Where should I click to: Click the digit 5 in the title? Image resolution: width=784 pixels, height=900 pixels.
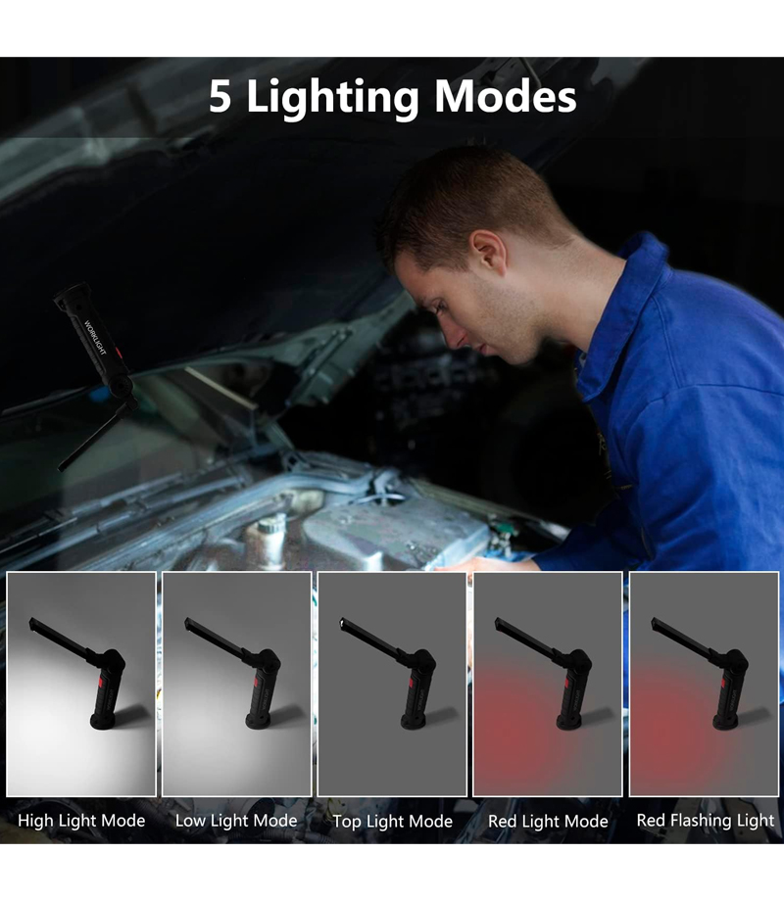220,96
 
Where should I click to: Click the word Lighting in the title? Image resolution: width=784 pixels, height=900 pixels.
332,99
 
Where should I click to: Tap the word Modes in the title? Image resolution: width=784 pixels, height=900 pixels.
506,96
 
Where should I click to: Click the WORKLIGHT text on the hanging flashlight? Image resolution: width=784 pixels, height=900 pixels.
95,337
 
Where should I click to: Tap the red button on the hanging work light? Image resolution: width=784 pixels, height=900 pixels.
118,353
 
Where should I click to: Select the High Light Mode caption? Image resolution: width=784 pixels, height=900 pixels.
81,822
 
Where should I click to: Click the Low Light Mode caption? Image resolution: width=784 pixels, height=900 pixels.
236,822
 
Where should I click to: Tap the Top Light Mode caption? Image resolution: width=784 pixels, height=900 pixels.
392,822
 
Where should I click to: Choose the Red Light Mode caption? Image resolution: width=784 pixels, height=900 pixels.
548,822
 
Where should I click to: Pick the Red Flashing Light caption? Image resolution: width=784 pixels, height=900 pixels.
706,821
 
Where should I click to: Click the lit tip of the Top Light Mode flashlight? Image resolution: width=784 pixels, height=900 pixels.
343,622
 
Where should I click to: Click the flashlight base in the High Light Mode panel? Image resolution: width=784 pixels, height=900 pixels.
102,721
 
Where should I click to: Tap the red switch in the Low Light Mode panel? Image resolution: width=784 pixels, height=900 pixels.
255,683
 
